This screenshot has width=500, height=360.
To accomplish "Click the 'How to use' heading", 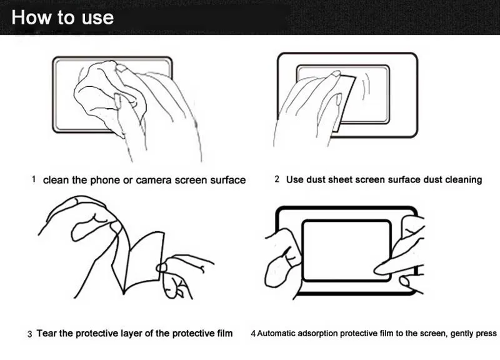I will (x=62, y=17).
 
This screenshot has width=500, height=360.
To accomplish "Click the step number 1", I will (x=34, y=179).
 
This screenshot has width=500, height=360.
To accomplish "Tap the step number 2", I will (x=277, y=179).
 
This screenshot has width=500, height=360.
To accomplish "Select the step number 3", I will (x=29, y=334).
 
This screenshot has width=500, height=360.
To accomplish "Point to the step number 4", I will (x=252, y=334).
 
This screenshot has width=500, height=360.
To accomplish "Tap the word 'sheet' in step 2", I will (x=340, y=180).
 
